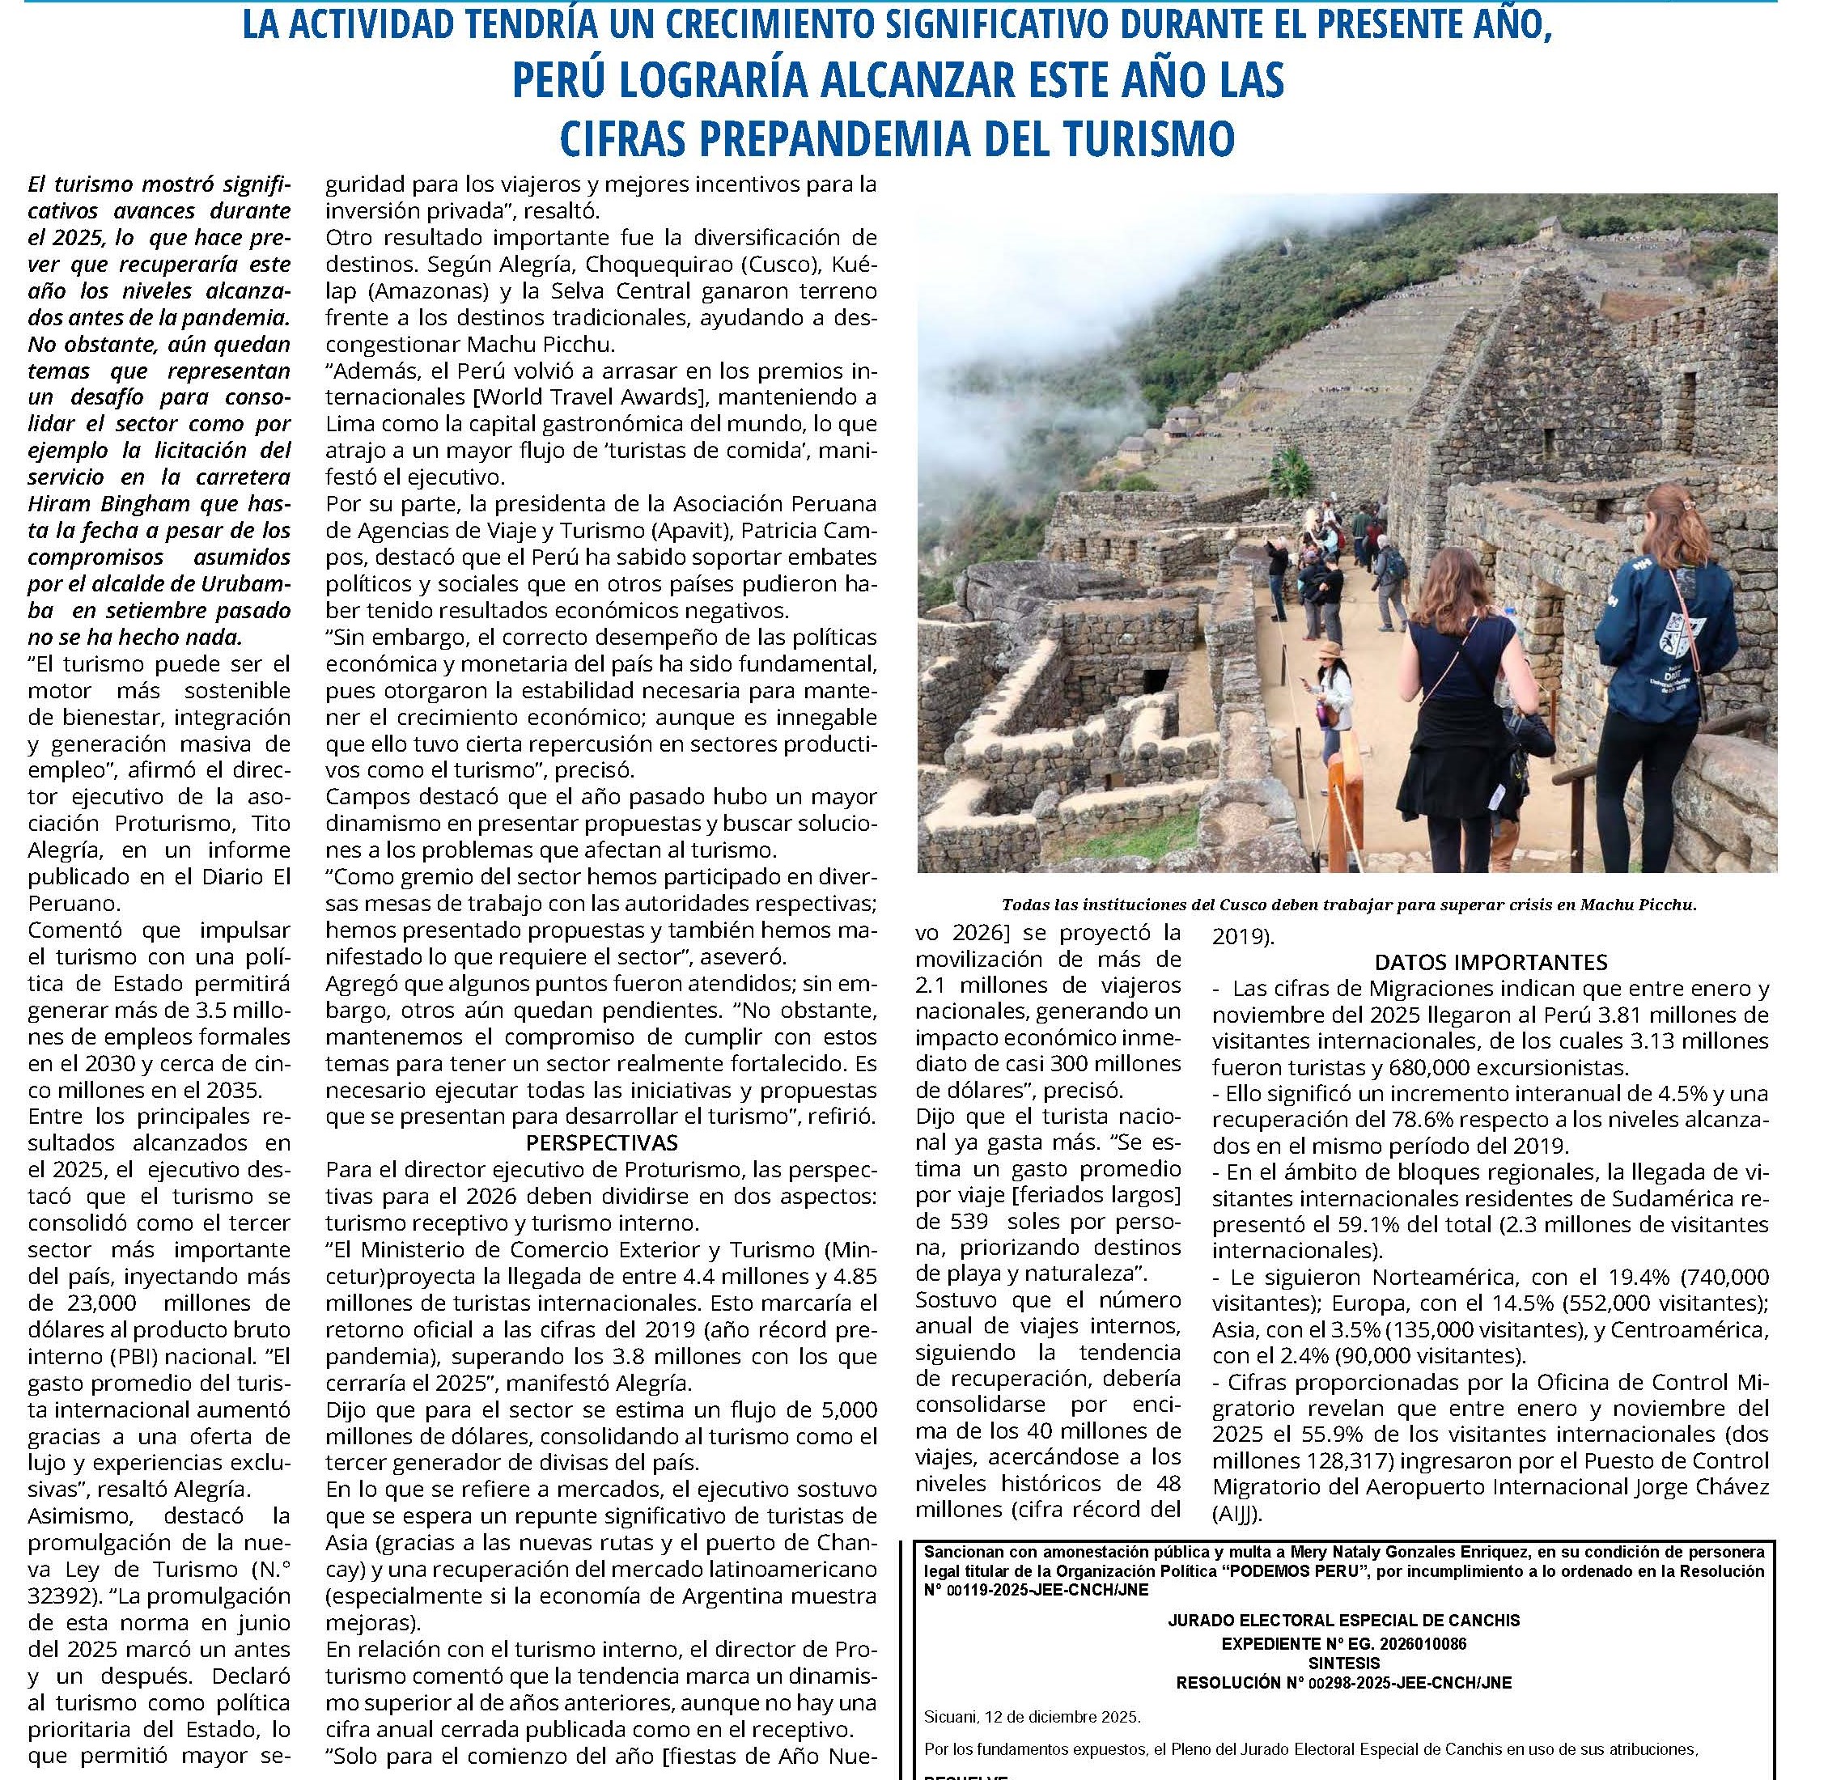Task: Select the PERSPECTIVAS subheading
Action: [x=601, y=1142]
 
